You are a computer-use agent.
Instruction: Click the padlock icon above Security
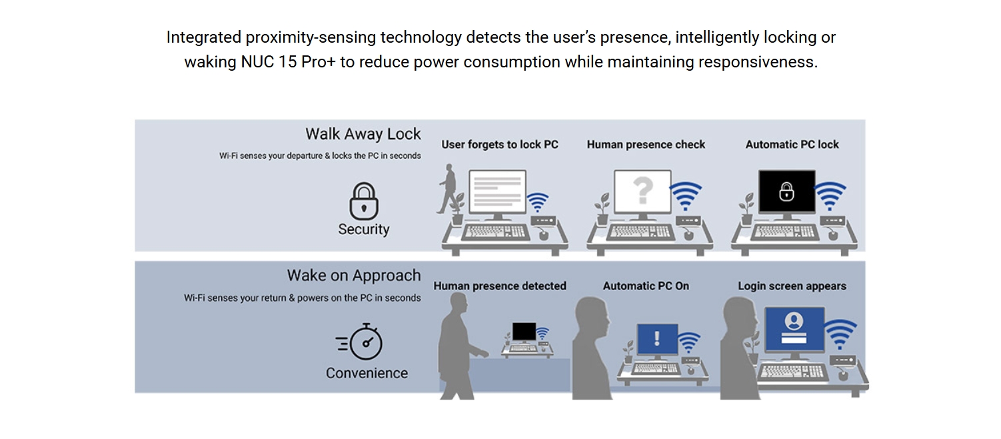click(364, 201)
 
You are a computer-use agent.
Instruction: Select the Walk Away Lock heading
click(363, 134)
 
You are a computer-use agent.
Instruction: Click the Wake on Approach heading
click(353, 276)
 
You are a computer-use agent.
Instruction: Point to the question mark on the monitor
click(643, 190)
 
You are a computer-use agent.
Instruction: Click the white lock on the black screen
click(786, 191)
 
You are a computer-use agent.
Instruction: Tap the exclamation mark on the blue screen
click(657, 338)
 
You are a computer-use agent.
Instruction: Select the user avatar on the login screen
click(794, 321)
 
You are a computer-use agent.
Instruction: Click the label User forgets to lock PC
click(500, 145)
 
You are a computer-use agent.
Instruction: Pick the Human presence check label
click(646, 145)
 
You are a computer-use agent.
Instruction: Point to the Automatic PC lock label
click(792, 145)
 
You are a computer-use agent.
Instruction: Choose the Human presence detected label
click(500, 286)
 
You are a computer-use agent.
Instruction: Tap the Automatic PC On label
click(646, 286)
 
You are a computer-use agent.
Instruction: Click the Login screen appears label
click(792, 286)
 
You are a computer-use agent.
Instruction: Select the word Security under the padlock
click(364, 230)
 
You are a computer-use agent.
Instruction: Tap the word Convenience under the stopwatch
click(367, 373)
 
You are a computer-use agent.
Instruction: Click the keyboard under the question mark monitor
click(640, 232)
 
